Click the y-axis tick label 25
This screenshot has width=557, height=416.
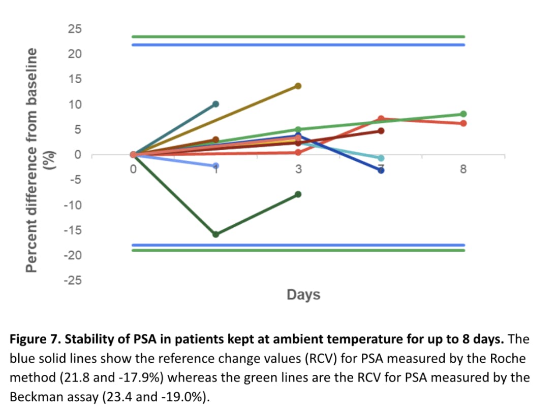[74, 28]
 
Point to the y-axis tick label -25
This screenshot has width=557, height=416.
[72, 281]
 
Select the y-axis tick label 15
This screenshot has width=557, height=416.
[74, 79]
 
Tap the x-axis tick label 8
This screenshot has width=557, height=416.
[463, 169]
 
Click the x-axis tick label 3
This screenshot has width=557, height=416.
[298, 169]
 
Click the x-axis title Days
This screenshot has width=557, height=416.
[303, 294]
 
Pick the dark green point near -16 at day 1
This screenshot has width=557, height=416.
[215, 234]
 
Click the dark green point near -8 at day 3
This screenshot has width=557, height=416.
[298, 194]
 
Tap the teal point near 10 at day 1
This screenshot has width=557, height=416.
[215, 104]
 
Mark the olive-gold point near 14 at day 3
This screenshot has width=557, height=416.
[298, 86]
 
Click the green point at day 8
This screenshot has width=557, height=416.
[463, 114]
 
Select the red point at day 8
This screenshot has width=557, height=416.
[463, 123]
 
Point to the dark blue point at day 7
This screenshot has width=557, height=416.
[381, 170]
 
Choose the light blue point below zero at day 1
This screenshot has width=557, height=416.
[215, 166]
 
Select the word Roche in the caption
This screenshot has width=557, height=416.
[507, 358]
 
